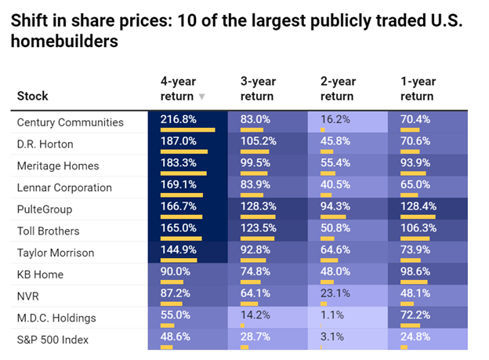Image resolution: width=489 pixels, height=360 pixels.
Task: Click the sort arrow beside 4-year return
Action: pos(201,96)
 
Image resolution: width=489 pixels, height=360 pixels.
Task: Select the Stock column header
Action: pos(32,96)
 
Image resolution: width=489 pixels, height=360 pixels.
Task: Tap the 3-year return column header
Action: pos(259,89)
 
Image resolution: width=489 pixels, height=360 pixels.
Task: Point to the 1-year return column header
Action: pos(418,89)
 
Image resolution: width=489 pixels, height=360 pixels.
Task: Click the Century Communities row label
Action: pos(71,122)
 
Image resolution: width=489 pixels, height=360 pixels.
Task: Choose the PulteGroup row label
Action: pos(45,209)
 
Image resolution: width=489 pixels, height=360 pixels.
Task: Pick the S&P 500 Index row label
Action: pos(53,340)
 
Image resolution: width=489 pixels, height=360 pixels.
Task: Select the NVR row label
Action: pos(28,296)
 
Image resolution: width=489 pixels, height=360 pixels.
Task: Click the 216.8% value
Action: pos(179,119)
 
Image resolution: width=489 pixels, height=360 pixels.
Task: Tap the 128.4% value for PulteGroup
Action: pos(418,206)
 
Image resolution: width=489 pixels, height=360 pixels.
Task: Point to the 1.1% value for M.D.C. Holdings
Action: pos(332,315)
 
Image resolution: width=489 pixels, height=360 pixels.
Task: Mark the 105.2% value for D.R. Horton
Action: pos(259,141)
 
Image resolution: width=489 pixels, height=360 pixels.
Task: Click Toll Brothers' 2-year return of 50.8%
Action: pos(335,228)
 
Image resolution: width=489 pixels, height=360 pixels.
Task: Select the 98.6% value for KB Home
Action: pos(415,271)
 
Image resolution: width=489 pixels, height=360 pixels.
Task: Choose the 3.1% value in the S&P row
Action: pos(332,336)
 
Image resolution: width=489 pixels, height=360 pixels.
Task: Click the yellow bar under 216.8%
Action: pos(188,130)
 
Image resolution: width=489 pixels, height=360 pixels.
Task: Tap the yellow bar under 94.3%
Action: pos(333,216)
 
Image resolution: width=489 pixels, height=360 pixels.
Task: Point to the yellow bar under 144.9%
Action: pos(179,260)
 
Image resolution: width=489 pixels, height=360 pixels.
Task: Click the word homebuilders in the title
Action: pos(64,42)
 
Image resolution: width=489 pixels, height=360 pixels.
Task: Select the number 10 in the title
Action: pos(187,20)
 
